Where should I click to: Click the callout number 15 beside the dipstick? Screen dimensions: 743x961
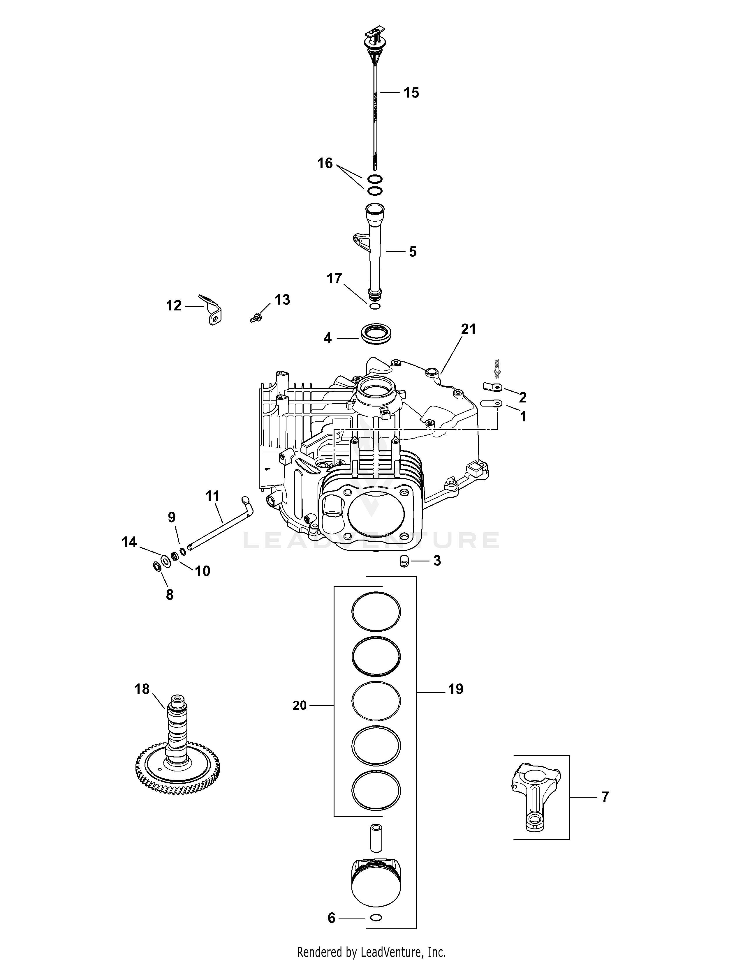(411, 93)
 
